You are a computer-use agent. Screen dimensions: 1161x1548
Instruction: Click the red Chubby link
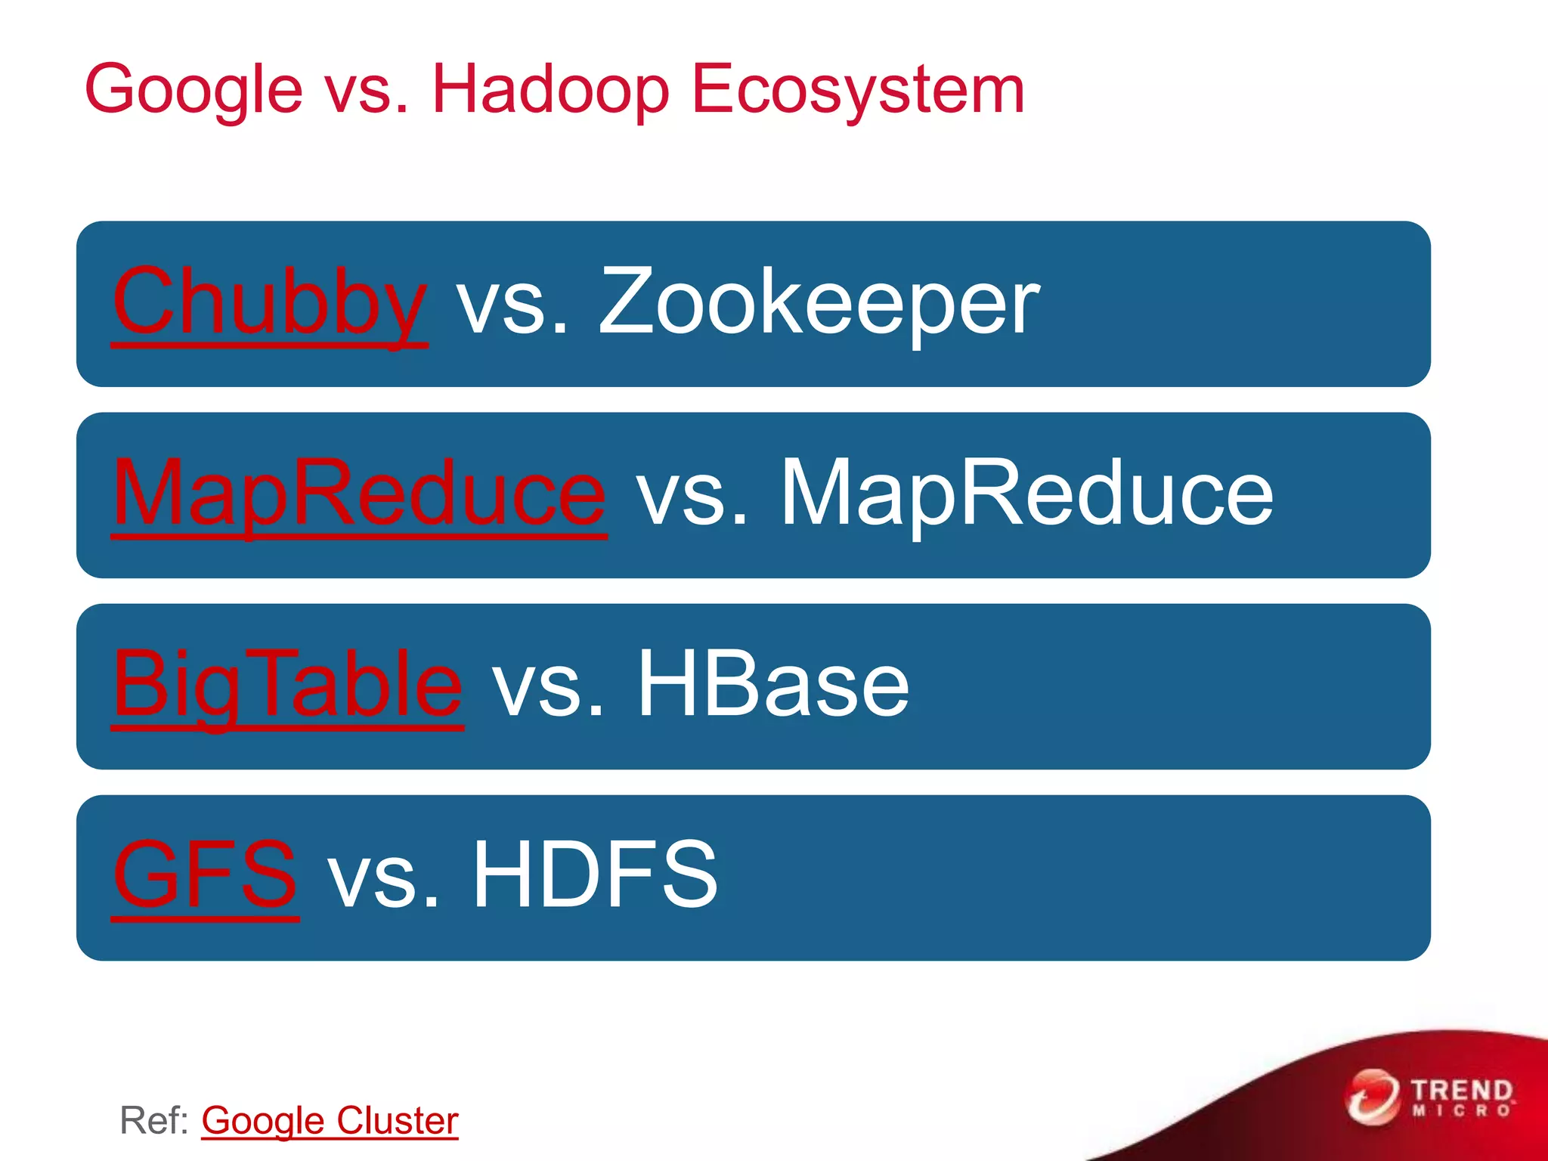point(270,302)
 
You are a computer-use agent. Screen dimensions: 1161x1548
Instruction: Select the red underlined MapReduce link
point(359,494)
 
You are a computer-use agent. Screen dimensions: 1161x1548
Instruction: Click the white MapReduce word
point(1026,494)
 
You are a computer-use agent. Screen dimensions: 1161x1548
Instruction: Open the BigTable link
point(287,685)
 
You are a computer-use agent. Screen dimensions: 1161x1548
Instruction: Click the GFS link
point(205,876)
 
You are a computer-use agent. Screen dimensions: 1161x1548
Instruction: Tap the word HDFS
point(595,876)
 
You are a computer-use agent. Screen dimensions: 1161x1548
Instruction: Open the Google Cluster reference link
point(330,1120)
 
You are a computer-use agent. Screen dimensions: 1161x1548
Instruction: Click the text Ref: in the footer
point(155,1120)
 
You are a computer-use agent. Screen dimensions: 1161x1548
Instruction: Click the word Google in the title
point(193,91)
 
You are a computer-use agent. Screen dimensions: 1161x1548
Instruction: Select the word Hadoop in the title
point(550,91)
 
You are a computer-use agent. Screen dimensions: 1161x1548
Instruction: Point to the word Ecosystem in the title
point(858,91)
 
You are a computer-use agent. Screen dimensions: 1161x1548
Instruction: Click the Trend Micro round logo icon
point(1372,1097)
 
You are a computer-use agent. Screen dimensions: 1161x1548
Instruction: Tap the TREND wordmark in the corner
point(1463,1091)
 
